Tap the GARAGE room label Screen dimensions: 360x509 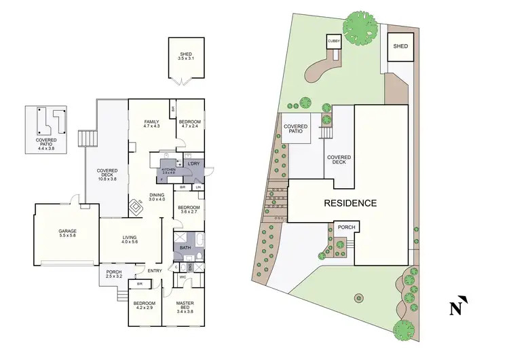coord(67,232)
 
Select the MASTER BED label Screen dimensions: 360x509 coord(185,304)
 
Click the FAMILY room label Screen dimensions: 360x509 coord(151,122)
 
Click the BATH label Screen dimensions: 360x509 coord(185,248)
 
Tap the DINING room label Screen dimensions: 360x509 coord(157,196)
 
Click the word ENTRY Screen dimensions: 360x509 coord(155,271)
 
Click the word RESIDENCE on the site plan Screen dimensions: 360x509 coord(350,203)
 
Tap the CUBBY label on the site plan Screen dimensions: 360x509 coord(334,41)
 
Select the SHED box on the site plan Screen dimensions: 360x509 coord(400,46)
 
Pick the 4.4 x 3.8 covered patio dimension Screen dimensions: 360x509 coord(45,147)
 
